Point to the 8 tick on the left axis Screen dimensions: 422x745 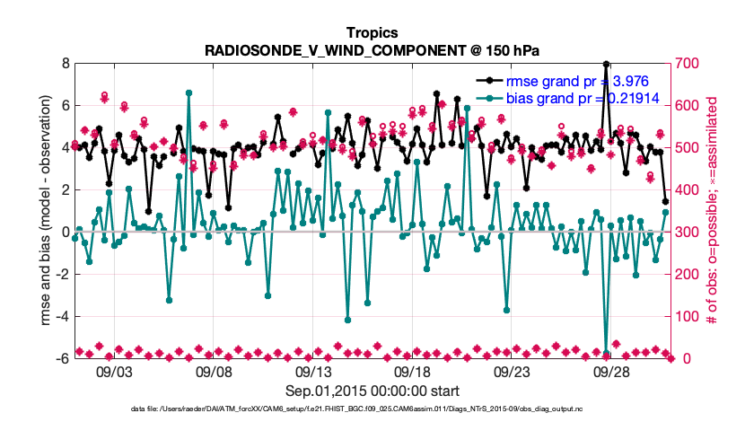click(x=65, y=64)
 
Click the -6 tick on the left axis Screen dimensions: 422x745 click(x=63, y=358)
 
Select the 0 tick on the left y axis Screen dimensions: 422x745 click(x=65, y=232)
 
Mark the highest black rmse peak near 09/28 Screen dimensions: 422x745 click(x=607, y=65)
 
